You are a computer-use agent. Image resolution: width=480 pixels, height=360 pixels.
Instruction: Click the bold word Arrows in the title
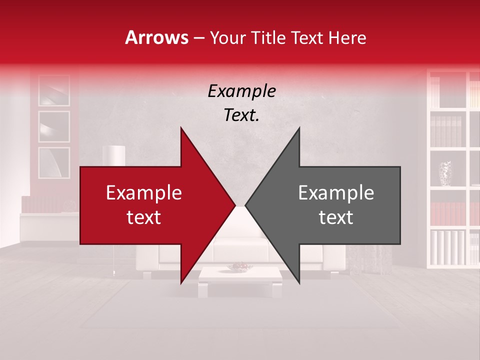coord(156,37)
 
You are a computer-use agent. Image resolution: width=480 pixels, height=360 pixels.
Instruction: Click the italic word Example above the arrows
coord(241,91)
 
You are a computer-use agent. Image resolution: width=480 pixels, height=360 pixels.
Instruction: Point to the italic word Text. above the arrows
coord(241,115)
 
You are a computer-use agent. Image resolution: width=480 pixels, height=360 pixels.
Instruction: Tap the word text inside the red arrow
coord(143,217)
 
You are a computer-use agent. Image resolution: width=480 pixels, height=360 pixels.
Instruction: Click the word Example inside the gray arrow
coord(336,193)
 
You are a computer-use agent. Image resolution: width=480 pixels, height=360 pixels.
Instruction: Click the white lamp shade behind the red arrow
coord(113,154)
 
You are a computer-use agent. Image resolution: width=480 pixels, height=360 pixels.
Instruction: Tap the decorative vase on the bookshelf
coord(445,173)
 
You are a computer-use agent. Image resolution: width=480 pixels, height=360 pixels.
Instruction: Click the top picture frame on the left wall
coord(54,90)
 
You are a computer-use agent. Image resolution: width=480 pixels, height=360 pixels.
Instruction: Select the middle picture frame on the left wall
coord(54,126)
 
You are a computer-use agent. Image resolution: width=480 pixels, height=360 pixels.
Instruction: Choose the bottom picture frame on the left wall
coord(54,162)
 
